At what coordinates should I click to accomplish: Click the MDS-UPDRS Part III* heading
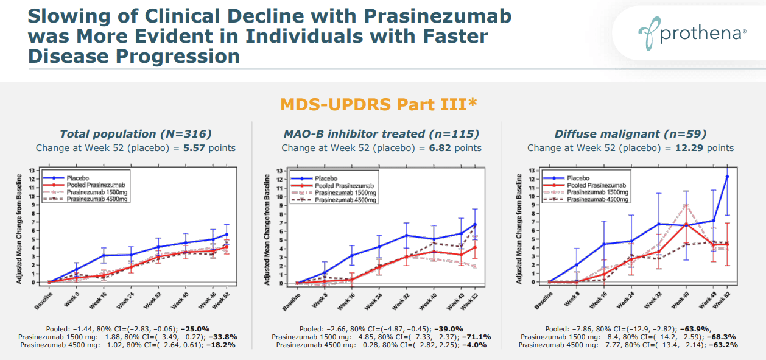pyautogui.click(x=378, y=104)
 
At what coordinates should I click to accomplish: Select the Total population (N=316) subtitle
pyautogui.click(x=135, y=134)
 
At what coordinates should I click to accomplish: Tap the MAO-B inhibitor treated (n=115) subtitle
pyautogui.click(x=381, y=134)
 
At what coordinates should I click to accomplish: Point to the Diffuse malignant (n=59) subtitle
pyautogui.click(x=630, y=134)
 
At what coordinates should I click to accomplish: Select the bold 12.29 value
pyautogui.click(x=685, y=148)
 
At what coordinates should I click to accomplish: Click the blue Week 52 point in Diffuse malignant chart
pyautogui.click(x=727, y=177)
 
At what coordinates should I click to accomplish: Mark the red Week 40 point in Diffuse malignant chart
pyautogui.click(x=686, y=224)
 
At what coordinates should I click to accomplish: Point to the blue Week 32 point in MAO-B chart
pyautogui.click(x=406, y=235)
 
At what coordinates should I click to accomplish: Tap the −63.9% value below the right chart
pyautogui.click(x=719, y=329)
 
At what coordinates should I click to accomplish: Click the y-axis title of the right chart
pyautogui.click(x=518, y=228)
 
